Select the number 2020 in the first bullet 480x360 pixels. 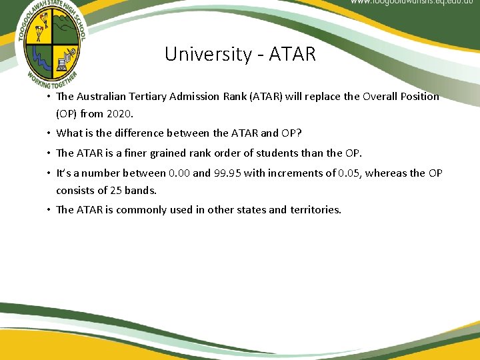[x=129, y=113]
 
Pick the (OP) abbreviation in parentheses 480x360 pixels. [x=68, y=113]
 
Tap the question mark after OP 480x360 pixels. [x=299, y=133]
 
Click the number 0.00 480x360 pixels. [x=179, y=173]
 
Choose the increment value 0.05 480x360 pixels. [x=351, y=173]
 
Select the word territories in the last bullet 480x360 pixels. [x=315, y=210]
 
